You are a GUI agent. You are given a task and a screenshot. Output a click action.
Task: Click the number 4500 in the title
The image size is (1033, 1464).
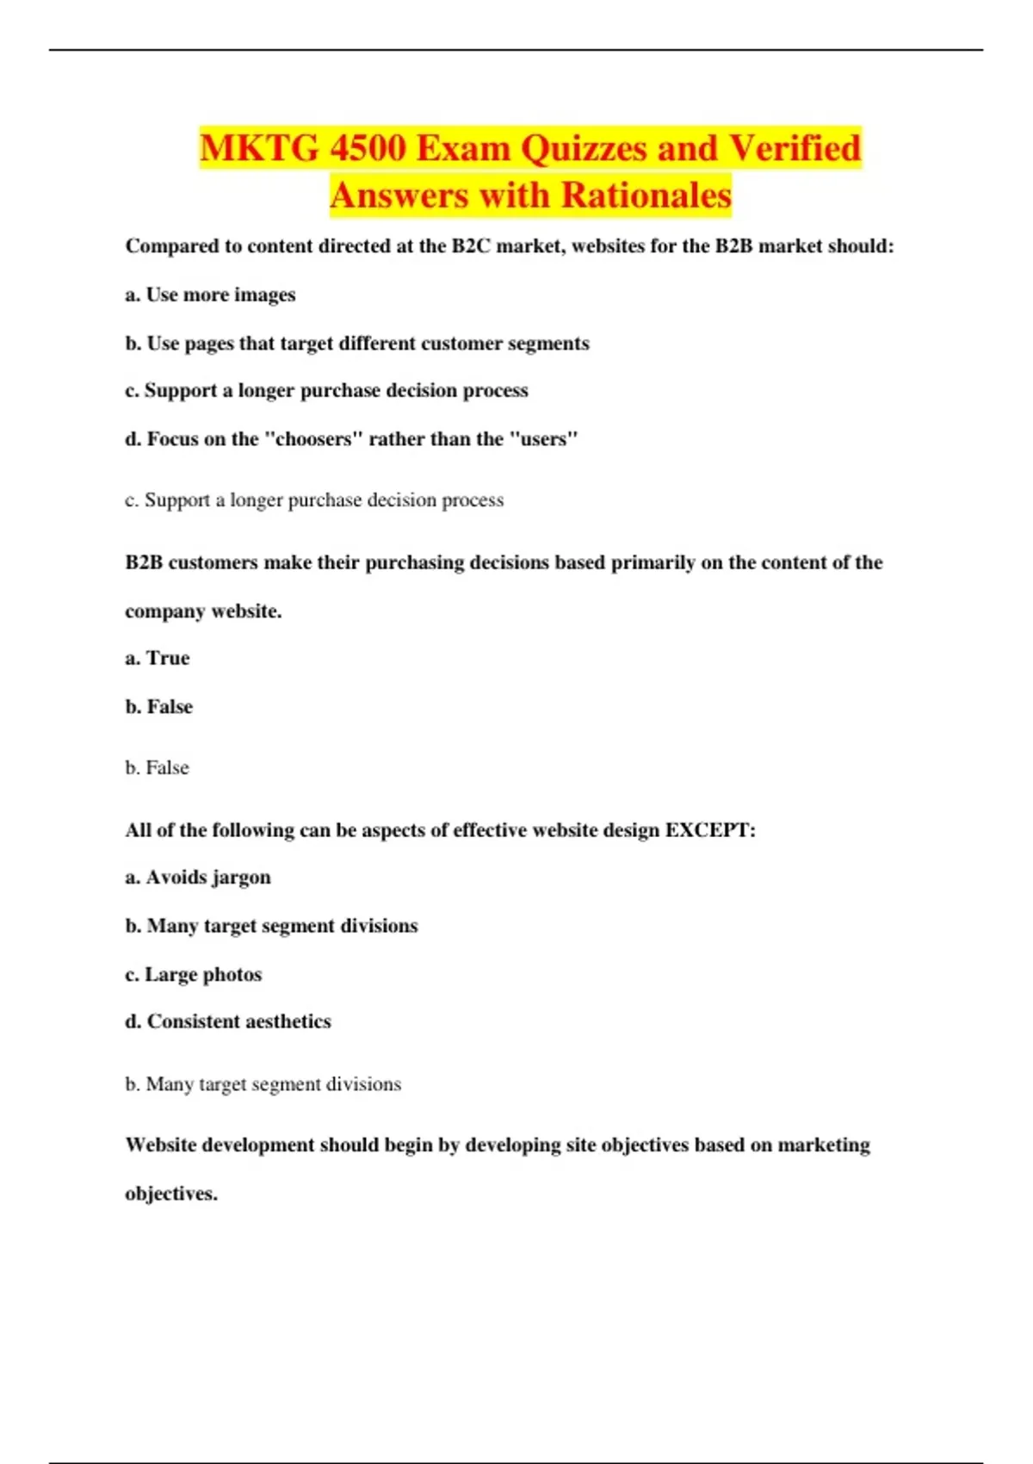tap(368, 148)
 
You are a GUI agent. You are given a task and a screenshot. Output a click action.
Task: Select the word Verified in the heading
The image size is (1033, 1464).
tap(795, 148)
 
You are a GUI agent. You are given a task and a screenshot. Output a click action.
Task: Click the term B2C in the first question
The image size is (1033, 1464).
tap(471, 246)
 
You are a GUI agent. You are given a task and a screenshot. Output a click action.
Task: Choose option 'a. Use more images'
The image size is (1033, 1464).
tap(210, 295)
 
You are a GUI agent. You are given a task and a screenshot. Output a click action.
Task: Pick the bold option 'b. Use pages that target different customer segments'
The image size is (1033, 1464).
tap(357, 344)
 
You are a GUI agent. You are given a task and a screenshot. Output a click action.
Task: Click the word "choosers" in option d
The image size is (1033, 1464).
tap(311, 439)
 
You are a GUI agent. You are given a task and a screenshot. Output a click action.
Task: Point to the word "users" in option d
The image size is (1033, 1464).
tap(544, 439)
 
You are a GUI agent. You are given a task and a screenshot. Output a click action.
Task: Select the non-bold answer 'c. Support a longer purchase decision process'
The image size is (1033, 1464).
tap(314, 500)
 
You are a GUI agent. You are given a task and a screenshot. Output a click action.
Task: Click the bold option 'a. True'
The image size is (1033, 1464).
tap(158, 658)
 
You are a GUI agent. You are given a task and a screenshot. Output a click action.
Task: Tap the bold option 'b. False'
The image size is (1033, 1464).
tap(159, 707)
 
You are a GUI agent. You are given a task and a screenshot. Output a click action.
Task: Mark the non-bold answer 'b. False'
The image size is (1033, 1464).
tap(157, 768)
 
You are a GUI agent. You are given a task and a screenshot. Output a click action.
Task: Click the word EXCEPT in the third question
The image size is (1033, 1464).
tap(710, 830)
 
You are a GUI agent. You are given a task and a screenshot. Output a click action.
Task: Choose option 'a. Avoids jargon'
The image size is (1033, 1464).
tap(198, 878)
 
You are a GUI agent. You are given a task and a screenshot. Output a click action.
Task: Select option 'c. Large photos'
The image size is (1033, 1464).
tap(194, 975)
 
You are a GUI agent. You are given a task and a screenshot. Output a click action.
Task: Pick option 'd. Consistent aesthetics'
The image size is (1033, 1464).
tap(228, 1021)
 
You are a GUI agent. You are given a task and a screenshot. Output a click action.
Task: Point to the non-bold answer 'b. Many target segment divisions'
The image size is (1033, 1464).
tap(263, 1084)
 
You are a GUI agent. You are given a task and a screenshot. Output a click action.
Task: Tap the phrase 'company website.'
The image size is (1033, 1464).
tap(203, 611)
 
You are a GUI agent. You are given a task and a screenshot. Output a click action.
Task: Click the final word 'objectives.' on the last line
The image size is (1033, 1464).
tap(171, 1194)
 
